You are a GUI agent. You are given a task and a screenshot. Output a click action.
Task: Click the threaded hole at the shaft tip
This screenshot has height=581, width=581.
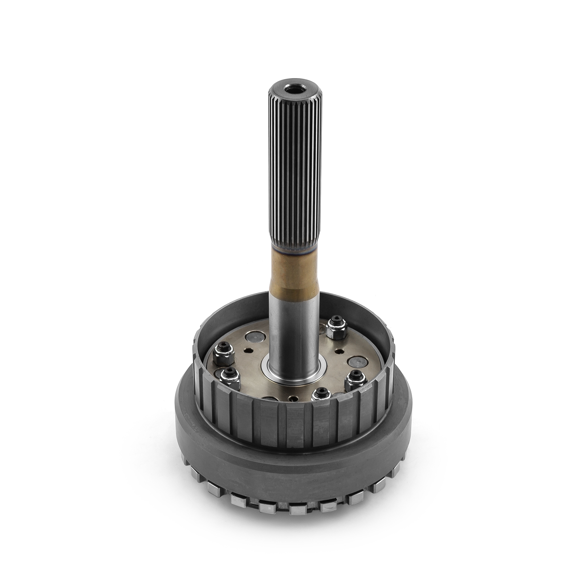295,89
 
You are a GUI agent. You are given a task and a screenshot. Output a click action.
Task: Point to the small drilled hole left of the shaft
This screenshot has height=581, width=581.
248,351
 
